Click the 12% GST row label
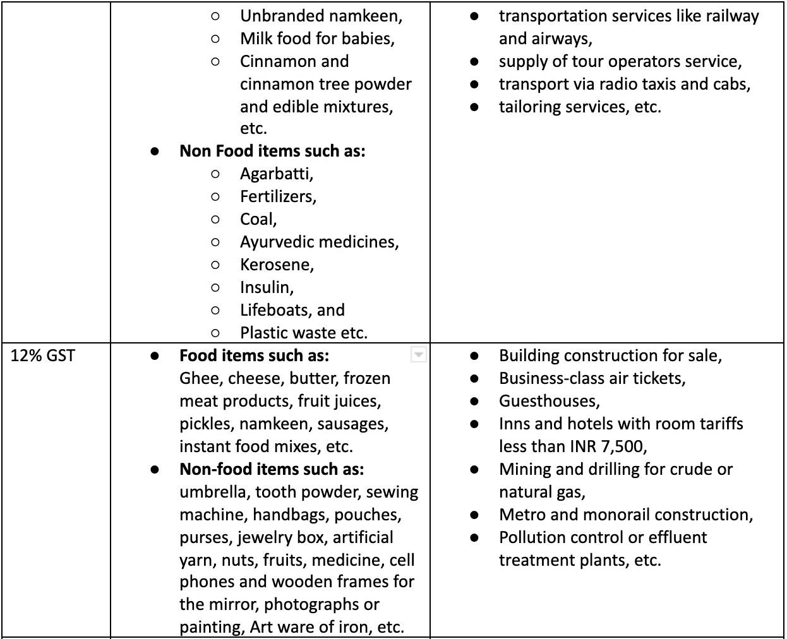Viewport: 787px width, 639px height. pyautogui.click(x=43, y=355)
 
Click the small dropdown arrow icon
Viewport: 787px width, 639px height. pyautogui.click(x=418, y=355)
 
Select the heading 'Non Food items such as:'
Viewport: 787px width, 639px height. pyautogui.click(x=272, y=151)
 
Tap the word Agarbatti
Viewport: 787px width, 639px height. pyautogui.click(x=275, y=174)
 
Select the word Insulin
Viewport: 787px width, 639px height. pyautogui.click(x=265, y=287)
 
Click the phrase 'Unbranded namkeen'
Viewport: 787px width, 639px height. pyautogui.click(x=320, y=16)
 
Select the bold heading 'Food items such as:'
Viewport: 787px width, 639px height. pyautogui.click(x=254, y=355)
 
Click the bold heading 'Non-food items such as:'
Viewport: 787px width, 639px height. pyautogui.click(x=272, y=469)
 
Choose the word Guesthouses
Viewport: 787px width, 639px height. pyautogui.click(x=548, y=401)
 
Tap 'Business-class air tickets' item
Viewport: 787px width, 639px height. pyautogui.click(x=592, y=378)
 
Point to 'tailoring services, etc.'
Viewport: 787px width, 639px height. pyautogui.click(x=580, y=107)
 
